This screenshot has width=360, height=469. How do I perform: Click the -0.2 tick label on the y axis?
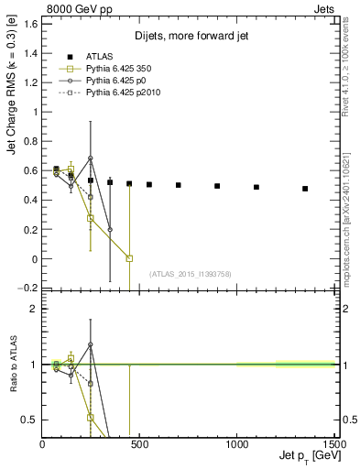pyautogui.click(x=27, y=289)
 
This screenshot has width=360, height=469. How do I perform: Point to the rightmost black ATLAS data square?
pyautogui.click(x=305, y=189)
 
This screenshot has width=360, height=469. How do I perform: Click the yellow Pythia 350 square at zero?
pyautogui.click(x=129, y=258)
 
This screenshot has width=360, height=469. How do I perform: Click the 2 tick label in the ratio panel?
pyautogui.click(x=33, y=309)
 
